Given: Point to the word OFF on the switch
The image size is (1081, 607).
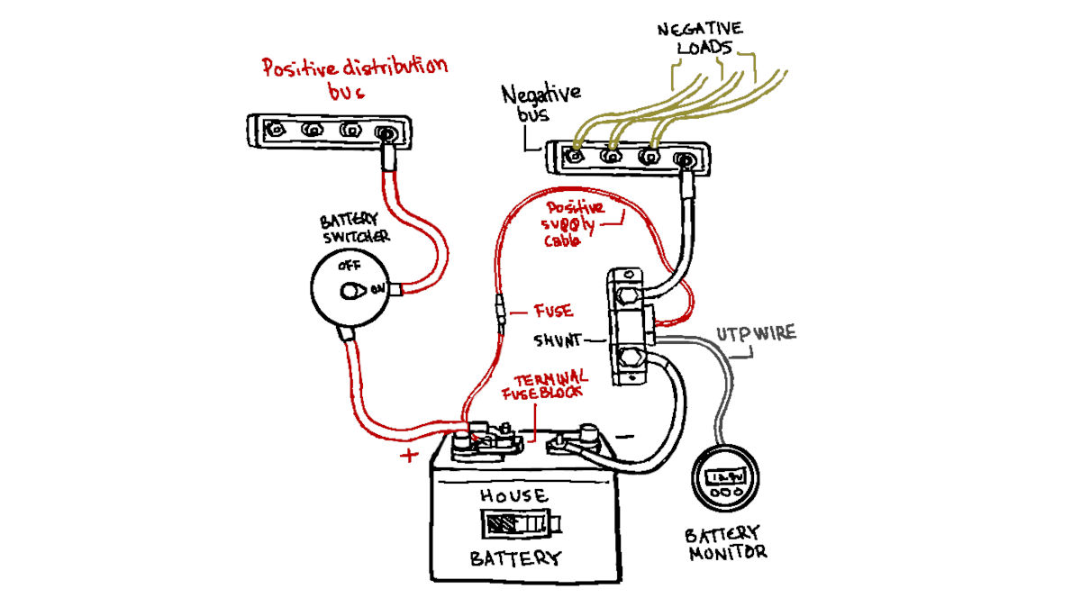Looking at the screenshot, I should pyautogui.click(x=348, y=267).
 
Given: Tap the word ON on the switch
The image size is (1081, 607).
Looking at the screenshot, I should pyautogui.click(x=378, y=290).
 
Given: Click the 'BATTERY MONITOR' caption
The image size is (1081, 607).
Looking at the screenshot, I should pyautogui.click(x=723, y=541).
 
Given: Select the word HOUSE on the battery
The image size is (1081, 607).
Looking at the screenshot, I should pyautogui.click(x=512, y=495).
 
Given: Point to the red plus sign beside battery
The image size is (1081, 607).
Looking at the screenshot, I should pyautogui.click(x=409, y=455).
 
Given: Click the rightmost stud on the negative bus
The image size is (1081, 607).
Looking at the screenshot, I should pyautogui.click(x=685, y=160).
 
